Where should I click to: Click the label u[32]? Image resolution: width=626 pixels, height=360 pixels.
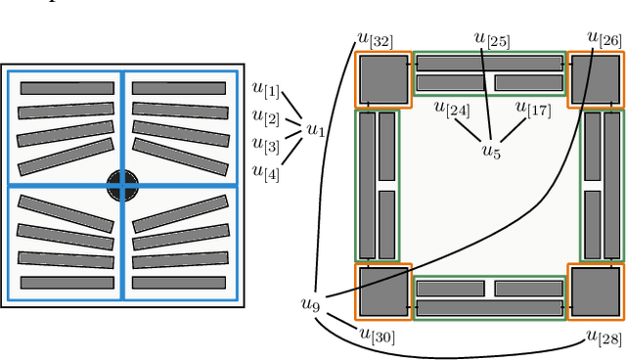(x=375, y=40)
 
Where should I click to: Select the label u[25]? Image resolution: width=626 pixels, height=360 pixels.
(x=491, y=39)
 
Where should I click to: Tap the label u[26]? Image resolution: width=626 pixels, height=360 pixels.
(x=604, y=39)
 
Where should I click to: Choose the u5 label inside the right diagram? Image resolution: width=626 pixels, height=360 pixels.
(x=491, y=151)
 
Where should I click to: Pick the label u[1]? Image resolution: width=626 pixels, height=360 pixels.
(x=265, y=92)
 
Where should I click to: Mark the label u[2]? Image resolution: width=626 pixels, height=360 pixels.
(x=265, y=118)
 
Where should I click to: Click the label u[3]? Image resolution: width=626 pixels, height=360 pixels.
(x=265, y=145)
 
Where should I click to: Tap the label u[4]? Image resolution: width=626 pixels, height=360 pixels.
(x=265, y=171)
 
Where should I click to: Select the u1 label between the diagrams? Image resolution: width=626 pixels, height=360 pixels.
(x=316, y=129)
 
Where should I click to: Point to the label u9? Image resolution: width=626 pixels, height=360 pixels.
(x=310, y=304)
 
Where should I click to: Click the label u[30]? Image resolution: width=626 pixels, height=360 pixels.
(x=377, y=336)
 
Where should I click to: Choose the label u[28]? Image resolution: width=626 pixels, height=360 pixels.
(x=604, y=337)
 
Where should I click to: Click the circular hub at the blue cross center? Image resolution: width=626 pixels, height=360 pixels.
(x=122, y=184)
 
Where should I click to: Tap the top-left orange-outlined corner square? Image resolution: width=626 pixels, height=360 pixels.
(x=382, y=79)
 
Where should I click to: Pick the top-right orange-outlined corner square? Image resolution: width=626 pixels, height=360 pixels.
(x=596, y=79)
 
